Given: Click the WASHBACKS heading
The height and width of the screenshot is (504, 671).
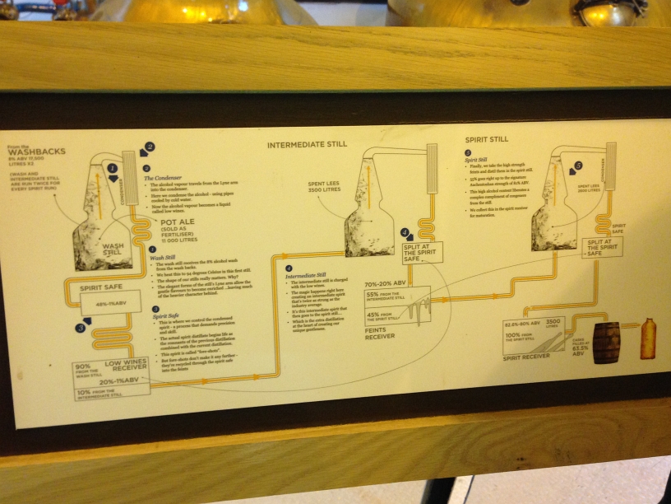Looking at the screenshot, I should [x=37, y=151].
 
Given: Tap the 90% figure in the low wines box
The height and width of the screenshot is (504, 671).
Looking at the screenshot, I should [x=82, y=366].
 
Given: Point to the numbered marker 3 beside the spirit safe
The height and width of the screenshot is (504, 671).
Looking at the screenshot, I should [x=80, y=328].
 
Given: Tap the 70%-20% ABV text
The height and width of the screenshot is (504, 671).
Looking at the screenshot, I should [x=387, y=284].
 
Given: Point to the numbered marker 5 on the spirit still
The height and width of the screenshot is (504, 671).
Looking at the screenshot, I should [x=578, y=165].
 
